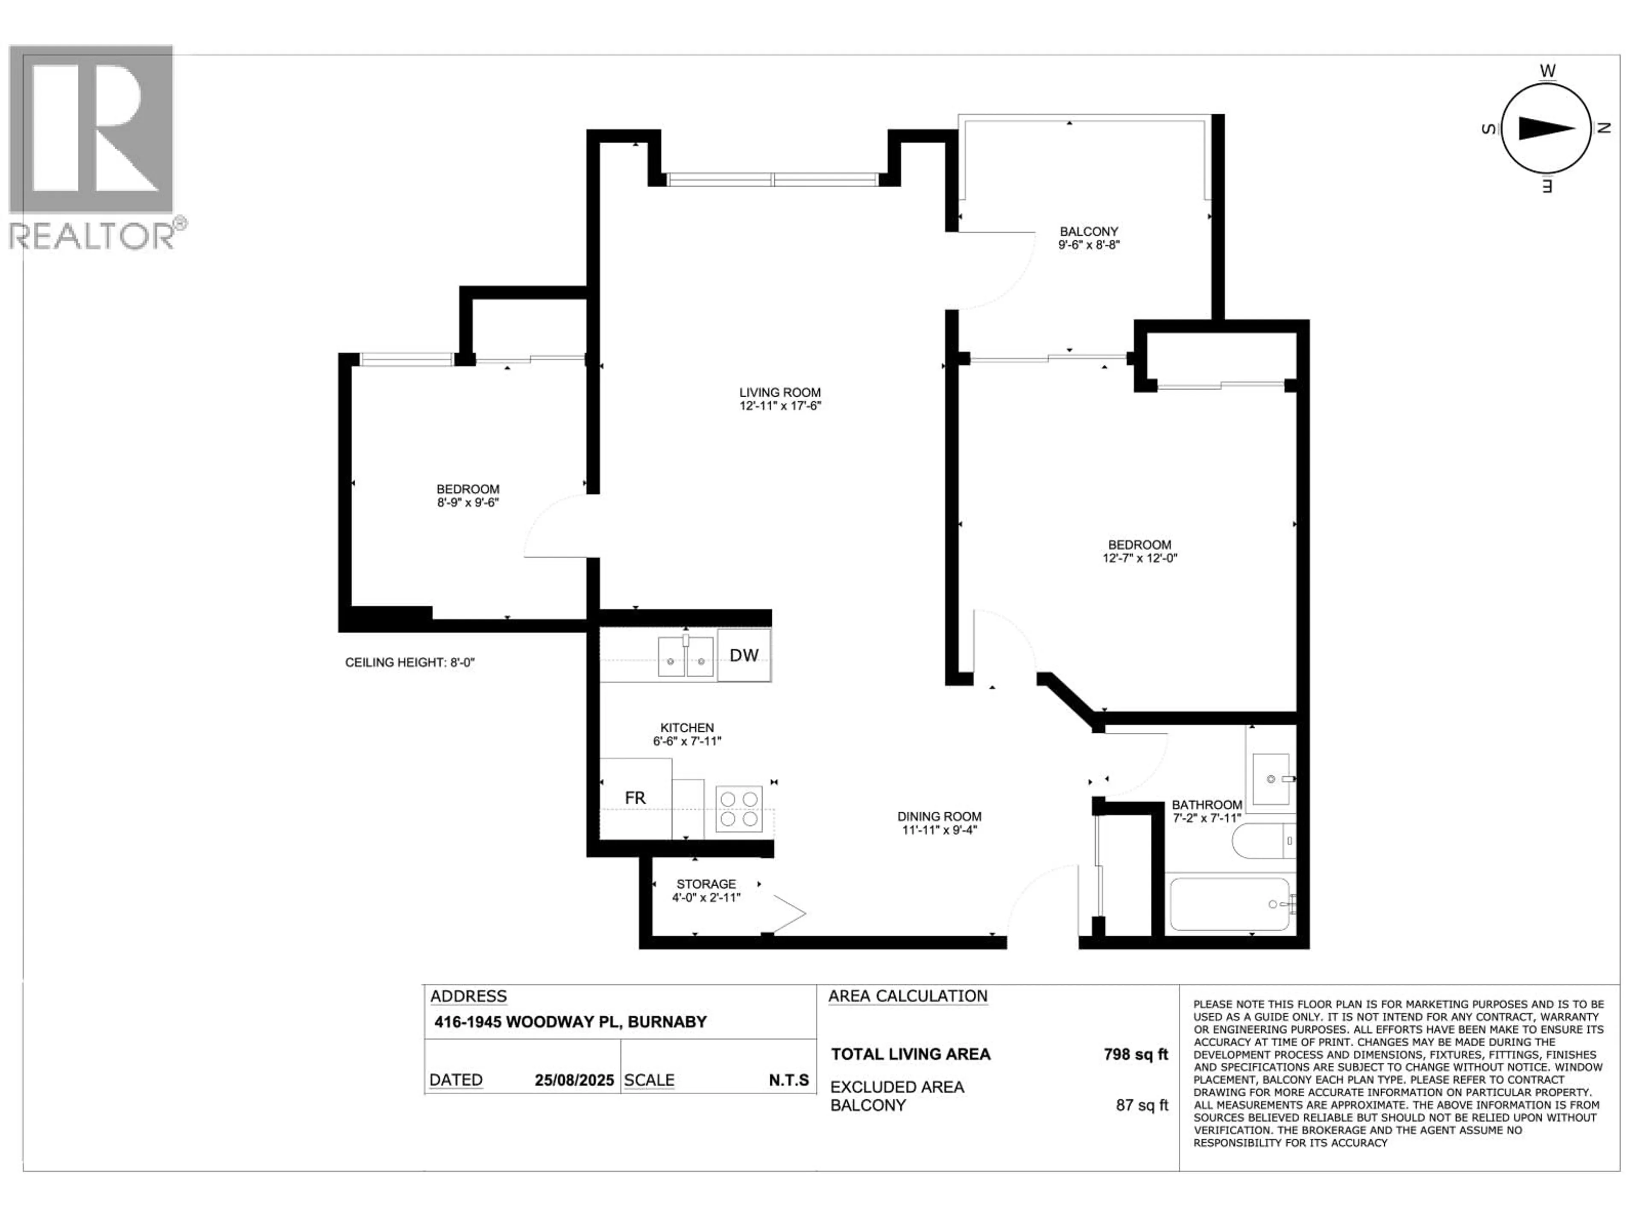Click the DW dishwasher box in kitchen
[x=744, y=655]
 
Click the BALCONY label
[x=1088, y=231]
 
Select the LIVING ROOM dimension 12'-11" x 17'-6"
[x=780, y=406]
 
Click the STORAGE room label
[x=706, y=884]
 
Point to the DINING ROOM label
[x=939, y=816]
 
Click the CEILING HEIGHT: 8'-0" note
[x=409, y=662]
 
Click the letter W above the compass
[x=1547, y=71]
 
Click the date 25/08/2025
[x=574, y=1080]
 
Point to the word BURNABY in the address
[x=667, y=1022]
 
